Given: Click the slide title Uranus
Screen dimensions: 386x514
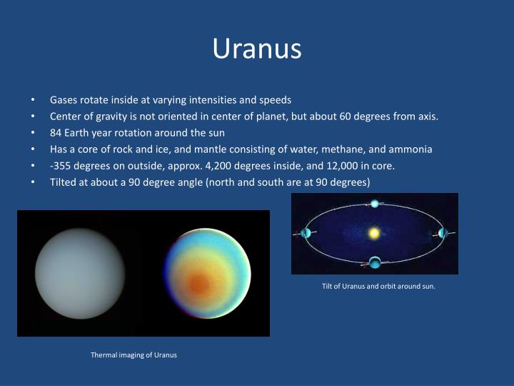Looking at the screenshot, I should pos(257,49).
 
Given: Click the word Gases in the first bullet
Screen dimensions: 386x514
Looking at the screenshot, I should pos(64,100).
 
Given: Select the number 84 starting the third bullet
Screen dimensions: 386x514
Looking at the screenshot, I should pos(56,133).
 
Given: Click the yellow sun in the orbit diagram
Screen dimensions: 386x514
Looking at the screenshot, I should pos(373,233).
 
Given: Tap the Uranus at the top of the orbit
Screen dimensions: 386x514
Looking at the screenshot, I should pos(375,204).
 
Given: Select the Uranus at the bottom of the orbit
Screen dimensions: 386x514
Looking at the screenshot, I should pos(374,262).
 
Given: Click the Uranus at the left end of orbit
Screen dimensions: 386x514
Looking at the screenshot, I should pos(307,233).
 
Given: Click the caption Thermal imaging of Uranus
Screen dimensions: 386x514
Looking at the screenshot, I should pos(133,355).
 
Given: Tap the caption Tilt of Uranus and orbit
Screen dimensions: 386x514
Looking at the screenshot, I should pos(378,287).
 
